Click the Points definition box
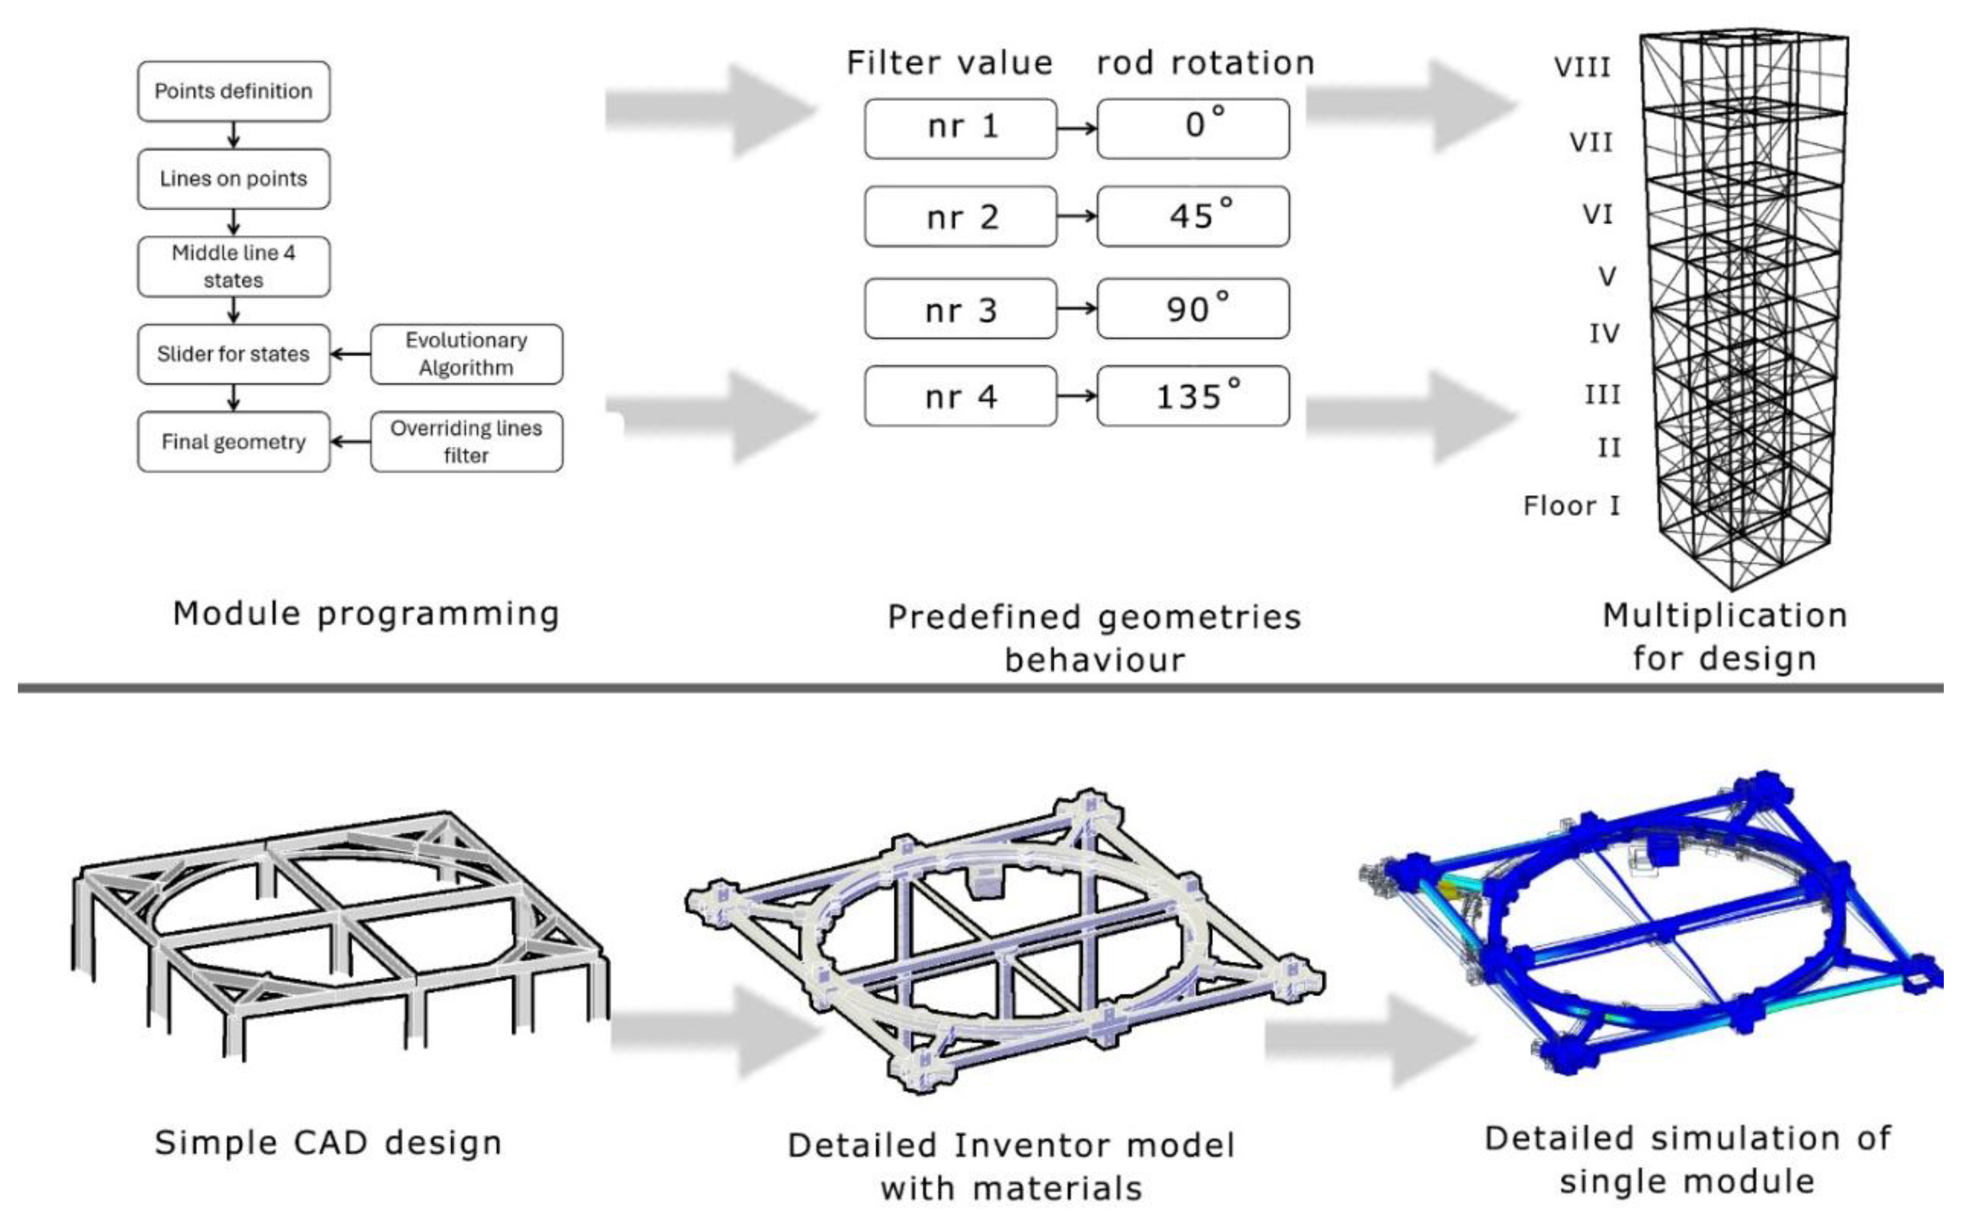click(x=234, y=91)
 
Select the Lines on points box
click(x=234, y=178)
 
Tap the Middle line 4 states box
click(x=234, y=267)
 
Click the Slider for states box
click(x=234, y=353)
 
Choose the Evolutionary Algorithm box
click(x=466, y=353)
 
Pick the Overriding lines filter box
click(x=466, y=442)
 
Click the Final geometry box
click(x=234, y=442)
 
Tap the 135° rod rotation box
click(x=1193, y=396)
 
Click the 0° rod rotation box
click(x=1193, y=128)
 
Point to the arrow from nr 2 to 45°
click(x=1076, y=216)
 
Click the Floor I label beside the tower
click(x=1571, y=506)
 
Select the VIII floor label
click(x=1582, y=67)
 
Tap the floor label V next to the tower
click(x=1607, y=277)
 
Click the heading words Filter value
click(x=950, y=63)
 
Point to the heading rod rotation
click(x=1205, y=63)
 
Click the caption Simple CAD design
click(x=328, y=1143)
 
